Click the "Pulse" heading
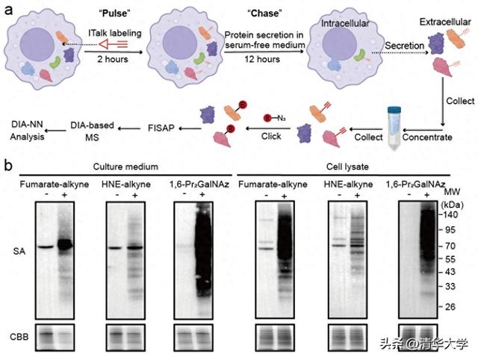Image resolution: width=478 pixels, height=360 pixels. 114,13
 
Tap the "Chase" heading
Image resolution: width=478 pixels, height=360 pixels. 264,13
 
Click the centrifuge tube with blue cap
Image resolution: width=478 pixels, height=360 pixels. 394,128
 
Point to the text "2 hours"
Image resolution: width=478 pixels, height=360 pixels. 113,59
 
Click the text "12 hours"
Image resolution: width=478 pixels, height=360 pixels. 262,59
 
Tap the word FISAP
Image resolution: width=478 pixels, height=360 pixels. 161,128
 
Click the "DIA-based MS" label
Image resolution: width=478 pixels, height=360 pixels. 92,131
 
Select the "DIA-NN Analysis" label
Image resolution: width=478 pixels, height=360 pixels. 27,131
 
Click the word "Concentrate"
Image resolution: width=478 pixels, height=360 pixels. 427,137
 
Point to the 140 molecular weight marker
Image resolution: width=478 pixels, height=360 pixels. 450,214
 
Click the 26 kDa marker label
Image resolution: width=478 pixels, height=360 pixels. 450,307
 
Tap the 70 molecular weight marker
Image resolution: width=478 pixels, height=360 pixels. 450,246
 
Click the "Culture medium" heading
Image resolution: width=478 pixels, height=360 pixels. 125,167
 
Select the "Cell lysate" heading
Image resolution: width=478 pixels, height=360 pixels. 347,167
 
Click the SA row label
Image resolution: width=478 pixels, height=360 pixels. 19,252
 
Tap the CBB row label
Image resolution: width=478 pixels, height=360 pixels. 19,337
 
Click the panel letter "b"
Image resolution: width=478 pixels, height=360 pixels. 8,166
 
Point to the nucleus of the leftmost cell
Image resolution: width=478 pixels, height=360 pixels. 37,45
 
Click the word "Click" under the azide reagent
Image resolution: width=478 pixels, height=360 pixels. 271,136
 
